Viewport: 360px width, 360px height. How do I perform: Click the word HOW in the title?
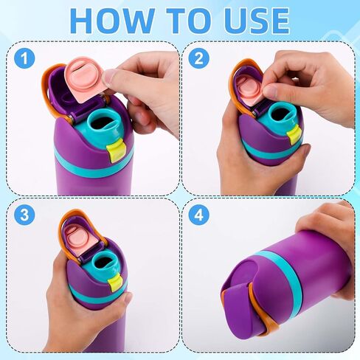pyautogui.click(x=112, y=21)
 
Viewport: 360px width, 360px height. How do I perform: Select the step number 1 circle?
pyautogui.click(x=24, y=58)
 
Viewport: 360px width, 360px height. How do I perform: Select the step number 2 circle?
pyautogui.click(x=199, y=58)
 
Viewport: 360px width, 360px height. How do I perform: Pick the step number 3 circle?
pyautogui.click(x=24, y=215)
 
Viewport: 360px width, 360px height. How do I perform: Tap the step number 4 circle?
pyautogui.click(x=199, y=215)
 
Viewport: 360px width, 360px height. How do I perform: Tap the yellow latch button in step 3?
pyautogui.click(x=117, y=281)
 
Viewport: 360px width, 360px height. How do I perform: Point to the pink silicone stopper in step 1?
pyautogui.click(x=84, y=79)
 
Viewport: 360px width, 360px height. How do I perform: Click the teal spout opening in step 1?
pyautogui.click(x=105, y=123)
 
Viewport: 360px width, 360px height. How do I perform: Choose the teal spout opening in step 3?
pyautogui.click(x=104, y=262)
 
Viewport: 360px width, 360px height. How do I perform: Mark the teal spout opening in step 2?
pyautogui.click(x=283, y=114)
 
